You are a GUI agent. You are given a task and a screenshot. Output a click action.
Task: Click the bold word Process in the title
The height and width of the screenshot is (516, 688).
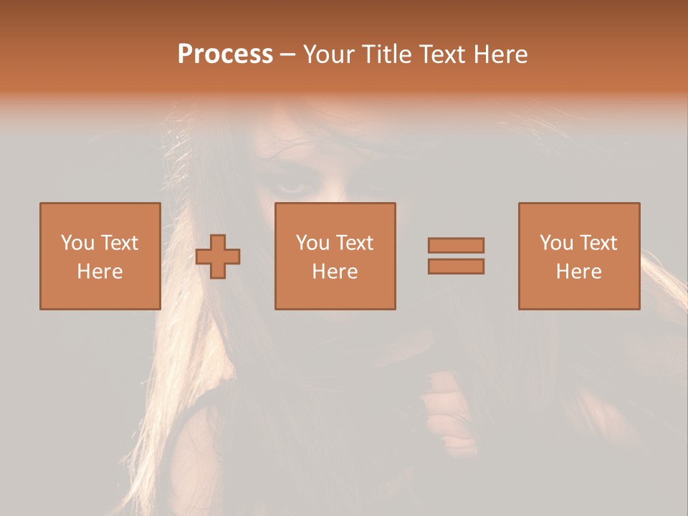click(225, 54)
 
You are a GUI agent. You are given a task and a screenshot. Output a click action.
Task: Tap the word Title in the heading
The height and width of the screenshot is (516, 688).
click(387, 54)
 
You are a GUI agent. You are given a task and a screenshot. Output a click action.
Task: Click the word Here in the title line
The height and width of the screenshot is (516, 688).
click(502, 54)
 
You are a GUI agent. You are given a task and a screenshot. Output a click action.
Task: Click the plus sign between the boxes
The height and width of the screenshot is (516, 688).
click(219, 257)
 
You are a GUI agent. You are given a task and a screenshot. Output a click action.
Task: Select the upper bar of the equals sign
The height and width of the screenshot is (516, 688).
click(456, 245)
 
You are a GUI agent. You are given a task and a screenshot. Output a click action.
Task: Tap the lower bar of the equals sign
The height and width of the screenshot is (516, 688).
click(456, 267)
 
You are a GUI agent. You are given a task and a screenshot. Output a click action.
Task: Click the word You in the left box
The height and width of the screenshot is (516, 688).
click(77, 243)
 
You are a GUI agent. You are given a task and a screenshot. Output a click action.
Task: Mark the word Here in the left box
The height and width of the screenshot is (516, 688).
click(100, 272)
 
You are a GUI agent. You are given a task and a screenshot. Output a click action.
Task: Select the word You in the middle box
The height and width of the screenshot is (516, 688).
click(312, 243)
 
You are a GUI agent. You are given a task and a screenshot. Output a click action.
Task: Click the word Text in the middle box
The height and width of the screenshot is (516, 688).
click(354, 243)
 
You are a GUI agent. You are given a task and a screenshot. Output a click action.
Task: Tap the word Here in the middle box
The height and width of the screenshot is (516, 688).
click(335, 272)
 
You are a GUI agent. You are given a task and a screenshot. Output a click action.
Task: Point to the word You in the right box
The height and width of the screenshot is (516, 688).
click(556, 243)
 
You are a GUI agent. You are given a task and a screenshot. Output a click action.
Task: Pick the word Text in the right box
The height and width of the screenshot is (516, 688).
click(598, 243)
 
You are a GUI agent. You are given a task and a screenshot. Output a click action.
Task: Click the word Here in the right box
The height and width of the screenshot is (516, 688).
click(578, 272)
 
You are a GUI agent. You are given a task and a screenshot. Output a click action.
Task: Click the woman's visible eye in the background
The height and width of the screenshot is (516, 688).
click(292, 188)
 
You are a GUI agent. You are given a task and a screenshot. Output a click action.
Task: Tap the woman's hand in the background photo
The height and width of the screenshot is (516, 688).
click(448, 408)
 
